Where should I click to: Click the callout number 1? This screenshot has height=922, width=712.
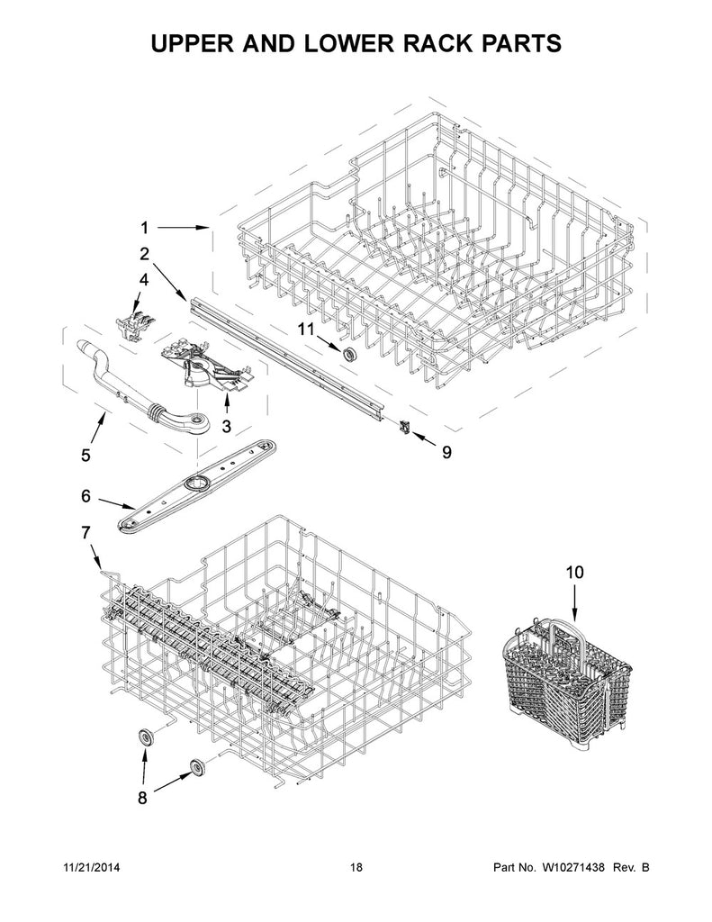pyautogui.click(x=144, y=228)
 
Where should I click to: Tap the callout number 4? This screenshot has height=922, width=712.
pyautogui.click(x=144, y=280)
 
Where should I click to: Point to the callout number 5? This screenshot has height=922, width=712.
pyautogui.click(x=86, y=456)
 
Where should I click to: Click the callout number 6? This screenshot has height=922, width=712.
pyautogui.click(x=86, y=495)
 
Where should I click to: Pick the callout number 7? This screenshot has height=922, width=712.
pyautogui.click(x=86, y=533)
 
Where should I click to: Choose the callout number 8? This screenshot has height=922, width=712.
pyautogui.click(x=141, y=799)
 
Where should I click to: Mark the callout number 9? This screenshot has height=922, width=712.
pyautogui.click(x=446, y=453)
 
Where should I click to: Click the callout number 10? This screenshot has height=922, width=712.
pyautogui.click(x=574, y=571)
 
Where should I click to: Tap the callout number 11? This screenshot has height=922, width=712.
pyautogui.click(x=306, y=331)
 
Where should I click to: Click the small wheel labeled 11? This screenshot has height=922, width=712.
pyautogui.click(x=347, y=352)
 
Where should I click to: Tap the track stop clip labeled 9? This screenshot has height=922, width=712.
pyautogui.click(x=406, y=429)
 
